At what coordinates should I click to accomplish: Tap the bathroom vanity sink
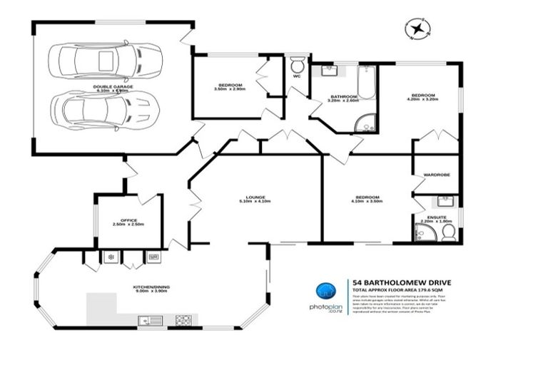[x=329, y=71]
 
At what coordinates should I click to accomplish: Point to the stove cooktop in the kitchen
[x=183, y=319]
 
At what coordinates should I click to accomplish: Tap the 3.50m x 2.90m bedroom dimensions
[x=229, y=89]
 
